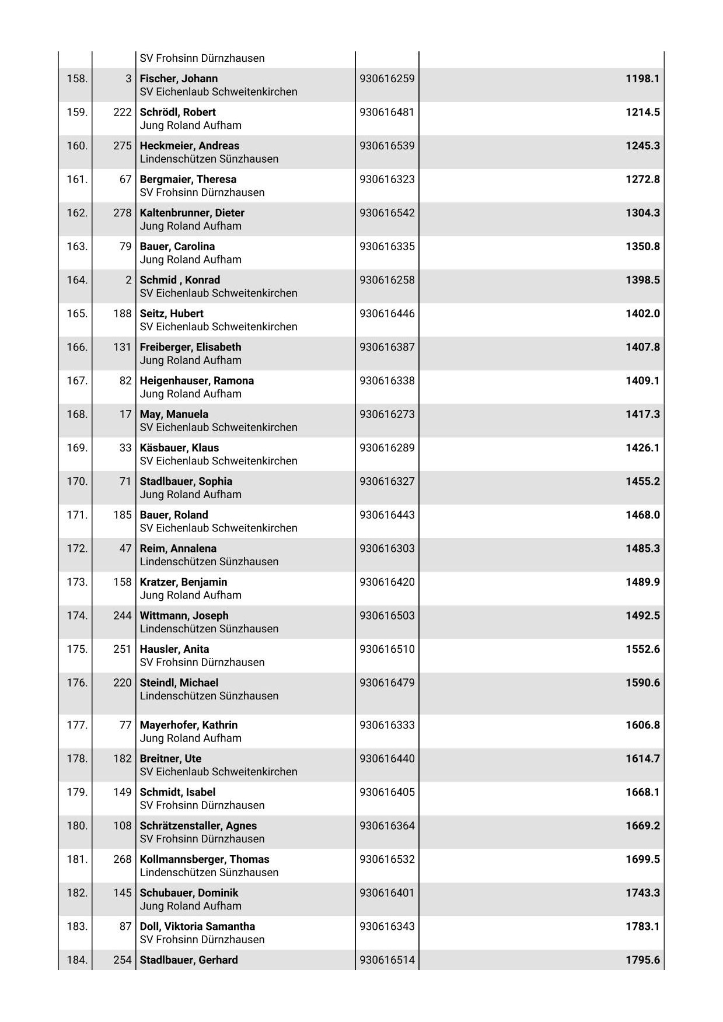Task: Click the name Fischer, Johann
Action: (x=179, y=79)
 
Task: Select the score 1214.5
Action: (x=642, y=112)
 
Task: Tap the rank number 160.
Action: (x=77, y=146)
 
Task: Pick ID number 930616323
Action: (x=387, y=179)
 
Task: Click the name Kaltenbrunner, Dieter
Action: (x=192, y=213)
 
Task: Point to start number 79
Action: (x=125, y=246)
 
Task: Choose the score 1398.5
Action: (x=642, y=280)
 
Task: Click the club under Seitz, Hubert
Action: (x=218, y=327)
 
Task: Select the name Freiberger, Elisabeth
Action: (x=190, y=347)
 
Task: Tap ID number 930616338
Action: (x=387, y=380)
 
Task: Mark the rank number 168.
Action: (x=77, y=414)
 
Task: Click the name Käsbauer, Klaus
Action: (x=179, y=448)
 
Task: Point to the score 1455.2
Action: (x=642, y=481)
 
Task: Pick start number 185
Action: (x=123, y=515)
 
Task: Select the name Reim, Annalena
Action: (x=178, y=548)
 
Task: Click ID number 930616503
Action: (x=387, y=615)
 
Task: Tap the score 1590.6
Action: (x=642, y=682)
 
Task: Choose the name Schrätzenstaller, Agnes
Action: (x=198, y=825)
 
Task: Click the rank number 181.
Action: (x=77, y=859)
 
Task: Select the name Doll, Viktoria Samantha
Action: (x=197, y=926)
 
